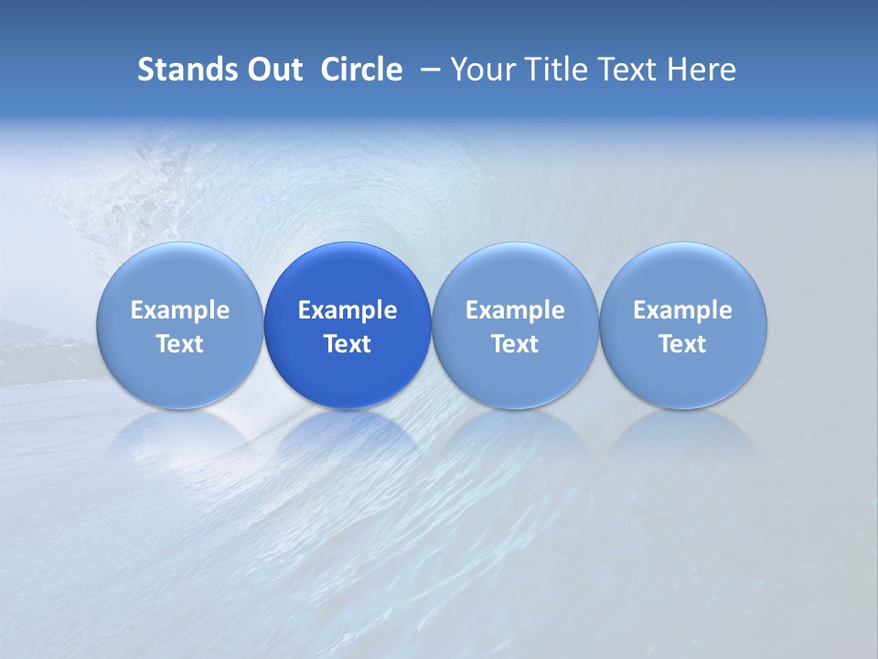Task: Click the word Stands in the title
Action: point(180,70)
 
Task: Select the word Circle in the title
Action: point(361,70)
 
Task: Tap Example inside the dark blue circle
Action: point(348,310)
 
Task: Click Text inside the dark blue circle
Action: point(348,344)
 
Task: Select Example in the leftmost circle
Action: point(180,310)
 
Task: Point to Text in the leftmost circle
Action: point(180,344)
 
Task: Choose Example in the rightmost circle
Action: point(683,310)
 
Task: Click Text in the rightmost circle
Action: point(683,344)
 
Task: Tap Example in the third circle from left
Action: point(515,310)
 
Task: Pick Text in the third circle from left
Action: point(515,344)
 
